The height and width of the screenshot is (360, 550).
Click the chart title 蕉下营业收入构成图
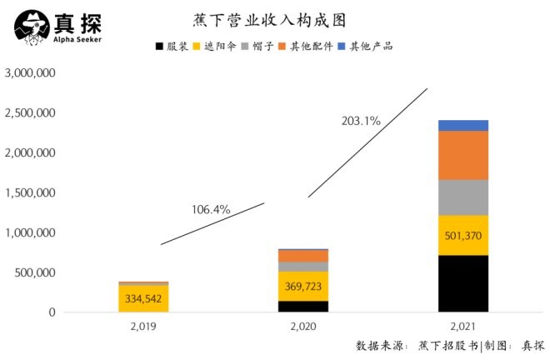click(x=274, y=19)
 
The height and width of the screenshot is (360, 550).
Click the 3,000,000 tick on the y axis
click(x=30, y=73)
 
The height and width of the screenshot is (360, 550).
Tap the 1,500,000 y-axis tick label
click(x=30, y=193)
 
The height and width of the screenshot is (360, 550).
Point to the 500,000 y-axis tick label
click(x=34, y=272)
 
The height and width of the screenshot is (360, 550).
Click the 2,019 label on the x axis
click(x=142, y=328)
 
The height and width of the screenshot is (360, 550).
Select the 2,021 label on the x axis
click(x=463, y=328)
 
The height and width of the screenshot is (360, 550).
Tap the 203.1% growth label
click(x=361, y=121)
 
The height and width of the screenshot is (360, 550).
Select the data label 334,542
click(x=142, y=297)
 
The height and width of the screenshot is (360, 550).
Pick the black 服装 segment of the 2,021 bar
click(x=463, y=283)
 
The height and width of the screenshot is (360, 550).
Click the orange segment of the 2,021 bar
click(x=463, y=155)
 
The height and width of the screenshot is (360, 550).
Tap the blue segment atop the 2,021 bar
click(x=463, y=125)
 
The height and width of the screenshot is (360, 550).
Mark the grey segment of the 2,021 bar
click(x=463, y=197)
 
